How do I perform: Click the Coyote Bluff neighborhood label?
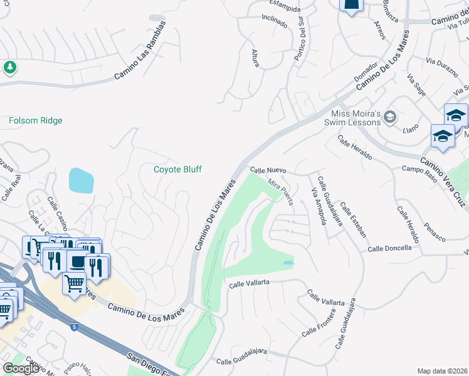click(x=178, y=169)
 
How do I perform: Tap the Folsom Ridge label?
click(x=36, y=120)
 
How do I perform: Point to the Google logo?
click(x=21, y=368)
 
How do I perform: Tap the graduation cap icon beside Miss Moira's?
click(x=390, y=117)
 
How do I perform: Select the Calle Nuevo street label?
click(x=268, y=170)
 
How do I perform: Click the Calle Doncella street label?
click(x=389, y=248)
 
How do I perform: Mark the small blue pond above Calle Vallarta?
click(x=288, y=263)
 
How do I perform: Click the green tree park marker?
click(x=9, y=66)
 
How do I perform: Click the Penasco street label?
click(x=435, y=231)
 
